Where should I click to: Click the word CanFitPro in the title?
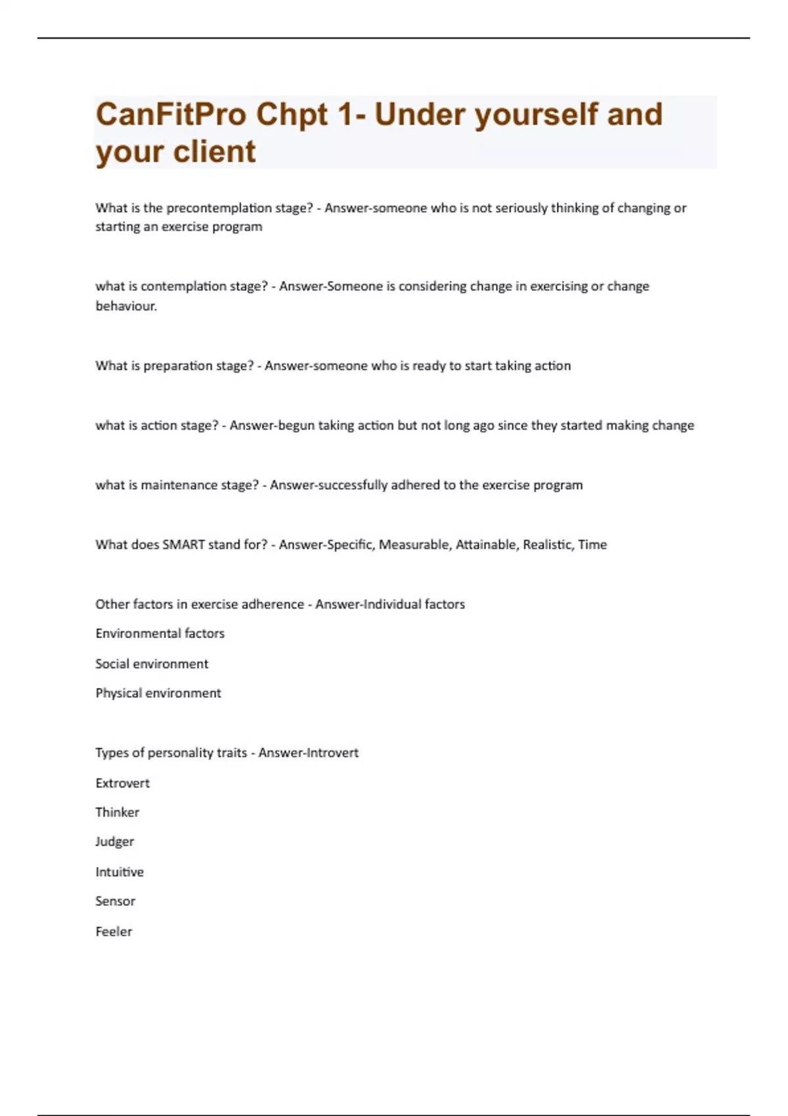coord(171,115)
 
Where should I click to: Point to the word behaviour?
coord(125,306)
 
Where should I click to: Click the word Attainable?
coord(485,544)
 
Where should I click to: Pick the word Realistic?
coord(547,544)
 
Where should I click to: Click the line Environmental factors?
coord(160,633)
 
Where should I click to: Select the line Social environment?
coord(152,664)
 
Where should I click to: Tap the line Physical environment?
coord(158,693)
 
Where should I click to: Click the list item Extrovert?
coord(122,783)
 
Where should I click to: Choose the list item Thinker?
coord(117,813)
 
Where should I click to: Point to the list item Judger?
coord(114,842)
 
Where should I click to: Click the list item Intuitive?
coord(119,872)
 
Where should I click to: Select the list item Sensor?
coord(115,901)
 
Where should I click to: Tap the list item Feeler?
coord(114,932)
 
